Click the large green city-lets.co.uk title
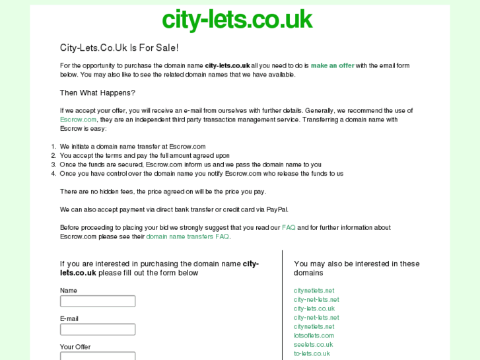click(x=237, y=20)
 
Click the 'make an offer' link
click(x=332, y=65)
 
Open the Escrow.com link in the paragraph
click(x=78, y=120)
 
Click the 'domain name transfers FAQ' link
click(x=188, y=236)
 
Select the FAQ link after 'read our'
click(x=289, y=228)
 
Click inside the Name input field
click(x=98, y=301)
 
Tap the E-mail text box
click(x=98, y=329)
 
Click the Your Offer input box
click(x=98, y=356)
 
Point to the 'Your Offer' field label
click(x=75, y=347)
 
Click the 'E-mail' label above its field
click(x=69, y=318)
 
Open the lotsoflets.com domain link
click(x=314, y=336)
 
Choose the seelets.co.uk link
click(x=313, y=344)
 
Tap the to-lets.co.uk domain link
click(x=312, y=353)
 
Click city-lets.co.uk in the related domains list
click(x=314, y=308)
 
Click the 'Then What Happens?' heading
click(x=97, y=93)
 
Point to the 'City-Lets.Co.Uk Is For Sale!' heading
click(x=119, y=48)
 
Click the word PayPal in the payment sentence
click(x=277, y=209)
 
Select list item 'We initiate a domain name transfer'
click(x=133, y=147)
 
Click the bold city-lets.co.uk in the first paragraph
click(x=227, y=65)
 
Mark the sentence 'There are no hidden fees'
click(x=162, y=192)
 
